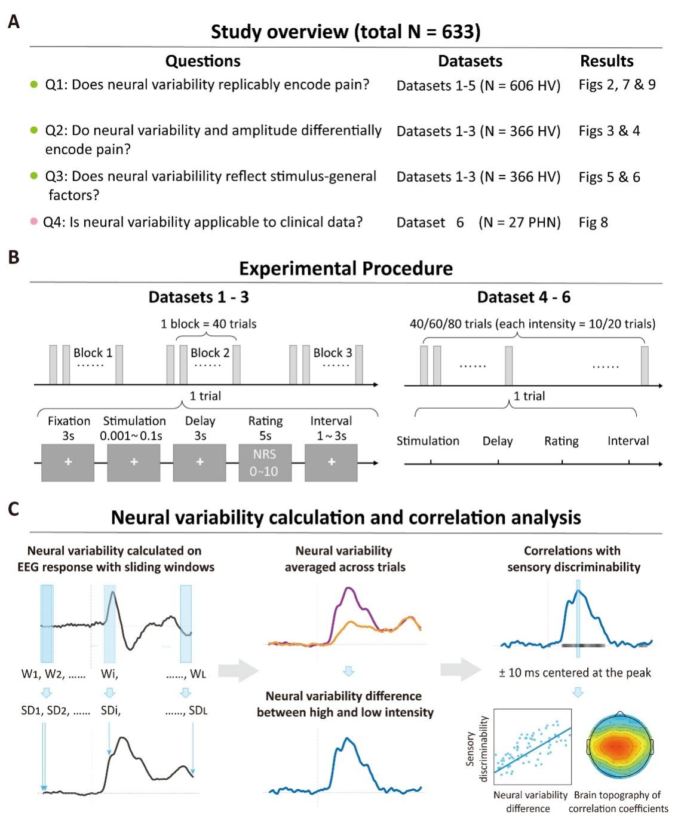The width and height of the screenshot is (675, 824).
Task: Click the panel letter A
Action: (13, 22)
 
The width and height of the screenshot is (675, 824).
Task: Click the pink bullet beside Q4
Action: (35, 222)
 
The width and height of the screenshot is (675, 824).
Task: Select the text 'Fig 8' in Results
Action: (593, 223)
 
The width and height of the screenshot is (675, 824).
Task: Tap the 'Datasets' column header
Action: (470, 61)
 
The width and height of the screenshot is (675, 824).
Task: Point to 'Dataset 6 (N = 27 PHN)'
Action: (478, 223)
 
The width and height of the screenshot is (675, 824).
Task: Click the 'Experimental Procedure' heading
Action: (346, 268)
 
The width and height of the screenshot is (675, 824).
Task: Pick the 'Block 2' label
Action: (210, 353)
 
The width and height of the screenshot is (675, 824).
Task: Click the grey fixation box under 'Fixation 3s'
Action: (67, 462)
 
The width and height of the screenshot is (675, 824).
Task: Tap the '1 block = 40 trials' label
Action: (208, 324)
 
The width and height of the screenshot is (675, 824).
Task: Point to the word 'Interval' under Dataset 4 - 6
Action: (628, 441)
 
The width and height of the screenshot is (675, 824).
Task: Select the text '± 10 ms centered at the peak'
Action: (575, 673)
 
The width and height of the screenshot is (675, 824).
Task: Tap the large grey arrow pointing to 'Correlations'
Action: (461, 670)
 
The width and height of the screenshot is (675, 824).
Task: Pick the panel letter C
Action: (13, 509)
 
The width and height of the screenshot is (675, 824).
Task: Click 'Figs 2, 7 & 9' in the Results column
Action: (617, 85)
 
